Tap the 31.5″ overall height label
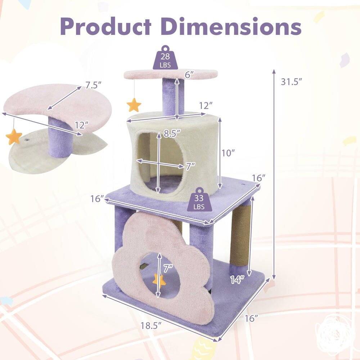pyautogui.click(x=291, y=82)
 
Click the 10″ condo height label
pyautogui.click(x=229, y=153)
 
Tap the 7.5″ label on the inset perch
pyautogui.click(x=94, y=85)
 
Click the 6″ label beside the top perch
pyautogui.click(x=190, y=75)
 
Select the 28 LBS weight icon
pyautogui.click(x=165, y=58)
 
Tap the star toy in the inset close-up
pyautogui.click(x=14, y=137)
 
